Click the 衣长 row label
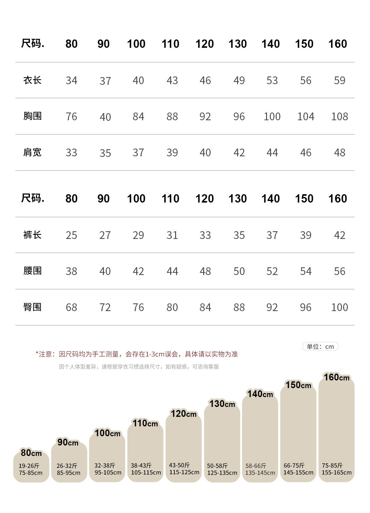(x=32, y=80)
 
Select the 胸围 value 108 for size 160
(x=339, y=117)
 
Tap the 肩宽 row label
(x=32, y=153)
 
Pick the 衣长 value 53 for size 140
(x=272, y=80)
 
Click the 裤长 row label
(x=32, y=235)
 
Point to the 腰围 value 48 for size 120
(x=205, y=271)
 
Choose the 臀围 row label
(x=32, y=307)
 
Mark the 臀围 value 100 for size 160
(x=339, y=307)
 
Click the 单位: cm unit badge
(x=320, y=347)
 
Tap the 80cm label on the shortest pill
(x=31, y=453)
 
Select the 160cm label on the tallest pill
(x=336, y=377)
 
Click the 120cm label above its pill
(x=184, y=414)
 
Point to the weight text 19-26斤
(x=29, y=466)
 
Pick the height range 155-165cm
(x=336, y=473)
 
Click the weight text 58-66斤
(x=256, y=466)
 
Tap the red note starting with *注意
(x=137, y=354)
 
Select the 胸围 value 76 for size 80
(x=71, y=117)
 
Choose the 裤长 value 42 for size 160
(x=339, y=235)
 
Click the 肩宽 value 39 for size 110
(x=172, y=153)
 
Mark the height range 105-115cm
(x=146, y=473)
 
